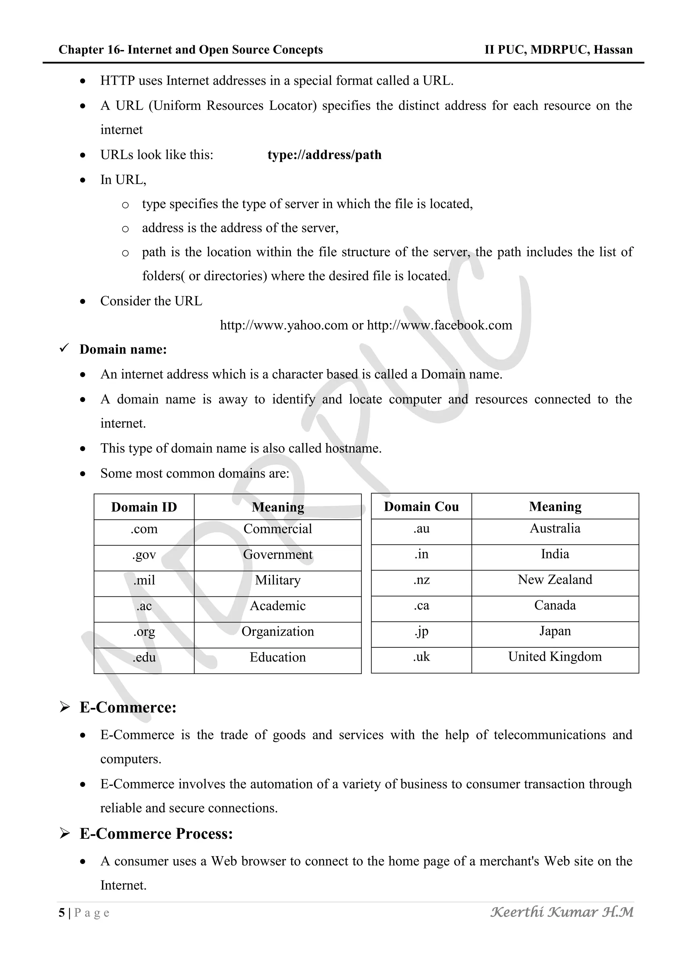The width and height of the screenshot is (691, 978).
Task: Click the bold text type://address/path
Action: pyautogui.click(x=324, y=155)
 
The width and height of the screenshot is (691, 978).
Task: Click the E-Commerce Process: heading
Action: pyautogui.click(x=156, y=833)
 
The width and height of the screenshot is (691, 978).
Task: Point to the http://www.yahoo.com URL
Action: pyautogui.click(x=284, y=326)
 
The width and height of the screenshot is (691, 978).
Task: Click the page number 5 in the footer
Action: pyautogui.click(x=62, y=913)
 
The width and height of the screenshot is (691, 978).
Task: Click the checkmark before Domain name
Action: pyautogui.click(x=64, y=349)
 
